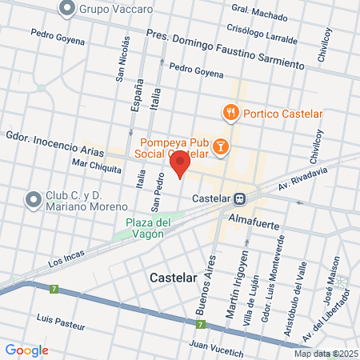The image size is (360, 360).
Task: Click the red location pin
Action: point(180,164)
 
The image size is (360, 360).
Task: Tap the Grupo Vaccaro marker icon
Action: point(67,9)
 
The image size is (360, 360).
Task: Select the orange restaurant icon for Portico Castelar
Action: point(230,112)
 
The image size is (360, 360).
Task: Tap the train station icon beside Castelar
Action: point(239,198)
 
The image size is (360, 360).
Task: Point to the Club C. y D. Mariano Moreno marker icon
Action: point(33,198)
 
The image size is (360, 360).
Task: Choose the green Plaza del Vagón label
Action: point(149,228)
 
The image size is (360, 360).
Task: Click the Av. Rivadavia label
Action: point(304,174)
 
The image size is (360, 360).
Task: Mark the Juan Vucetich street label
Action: point(215,346)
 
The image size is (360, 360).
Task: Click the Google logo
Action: point(26,350)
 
